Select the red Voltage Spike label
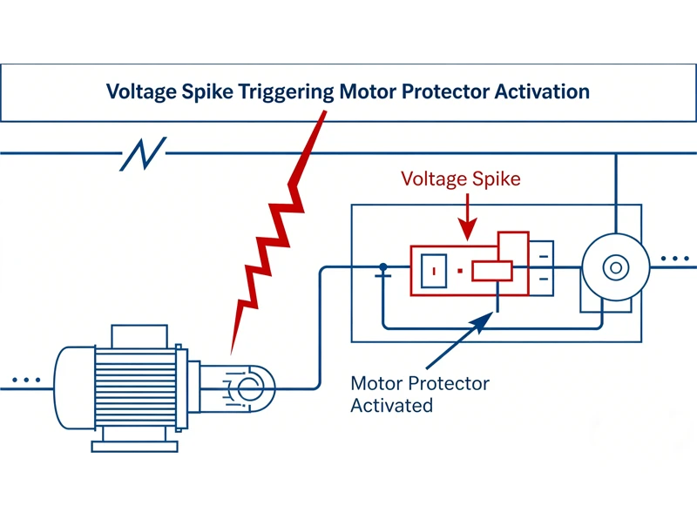coord(460,179)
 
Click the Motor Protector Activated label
coord(419,394)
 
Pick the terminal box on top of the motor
coord(139,335)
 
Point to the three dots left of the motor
coord(27,381)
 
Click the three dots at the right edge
coord(676,259)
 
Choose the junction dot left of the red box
coord(382,267)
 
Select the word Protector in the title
coord(443,91)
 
